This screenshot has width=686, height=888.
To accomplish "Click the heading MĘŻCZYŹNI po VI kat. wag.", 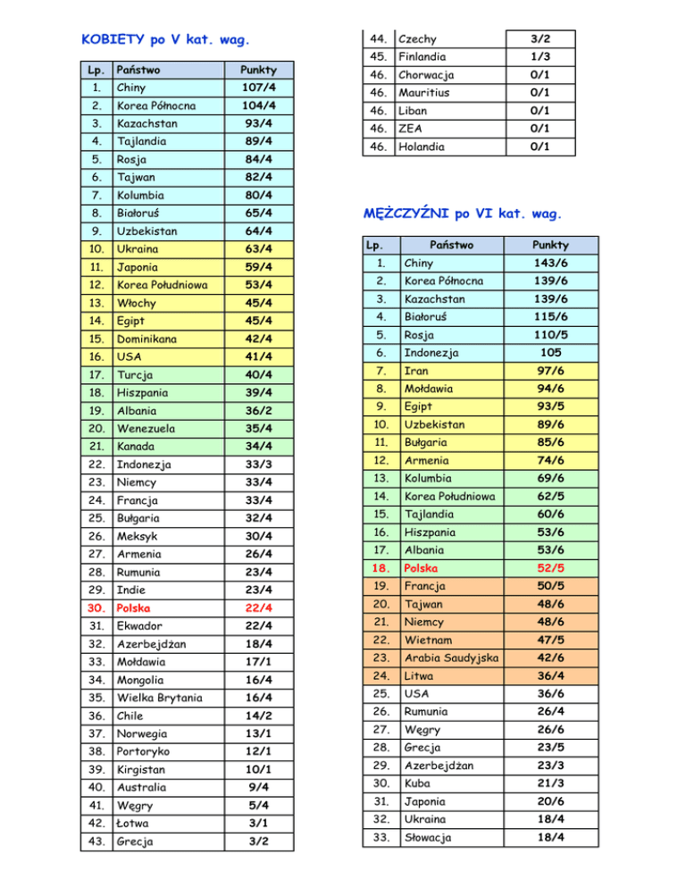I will pos(462,214).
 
